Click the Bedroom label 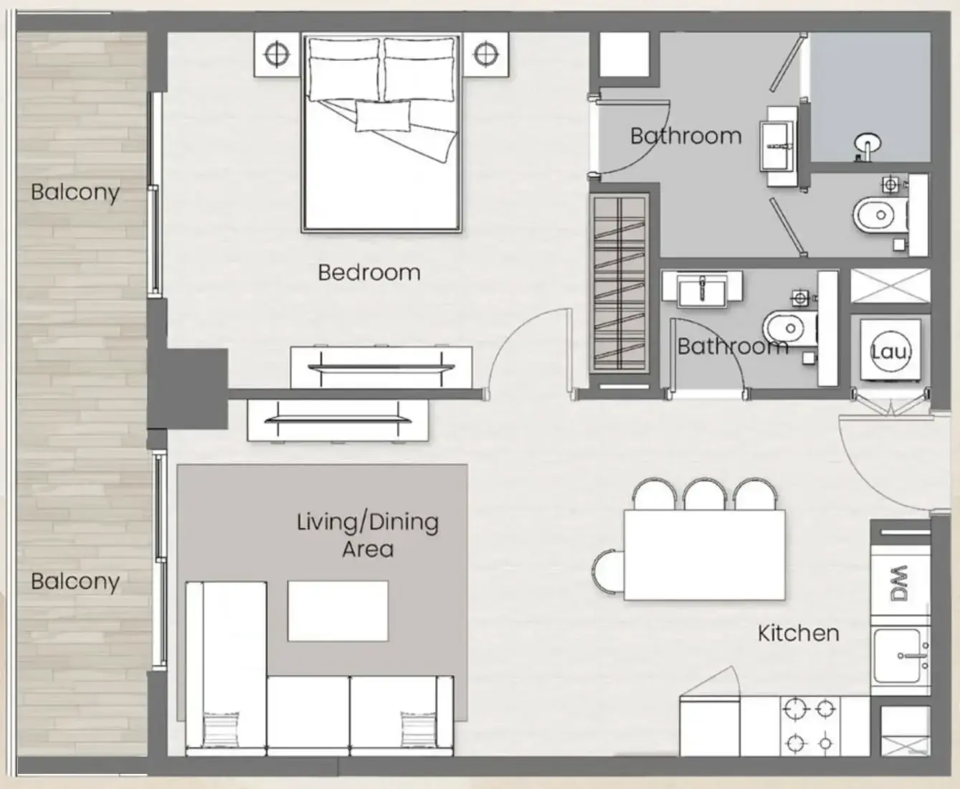[x=369, y=273]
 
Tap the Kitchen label [x=799, y=633]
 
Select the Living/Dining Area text [x=368, y=535]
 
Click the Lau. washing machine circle [x=890, y=351]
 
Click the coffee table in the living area [x=338, y=611]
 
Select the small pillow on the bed [x=382, y=117]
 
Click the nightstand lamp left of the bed [x=276, y=55]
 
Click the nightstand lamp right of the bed [x=485, y=55]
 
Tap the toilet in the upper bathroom [x=881, y=215]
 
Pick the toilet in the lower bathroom [x=790, y=328]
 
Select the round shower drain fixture [x=868, y=145]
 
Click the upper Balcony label [x=75, y=192]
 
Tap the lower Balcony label [x=75, y=582]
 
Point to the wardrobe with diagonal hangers [x=619, y=283]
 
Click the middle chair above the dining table [x=704, y=493]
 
